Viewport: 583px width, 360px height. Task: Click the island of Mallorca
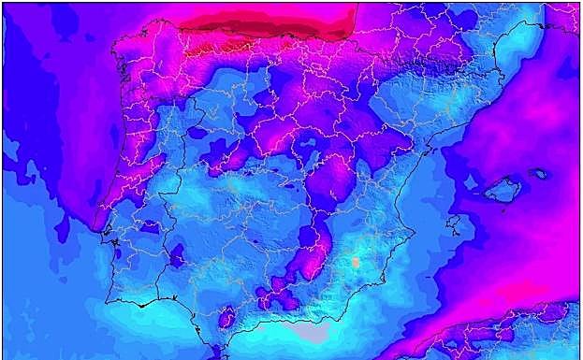pos(503,191)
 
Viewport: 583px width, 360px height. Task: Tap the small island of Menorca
pos(538,173)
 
